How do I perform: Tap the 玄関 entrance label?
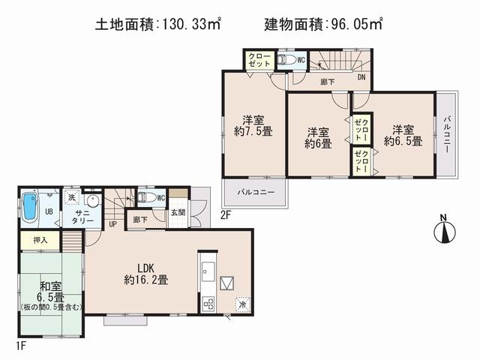click(177, 212)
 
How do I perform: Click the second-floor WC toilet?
click(283, 60)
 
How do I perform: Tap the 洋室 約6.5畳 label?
click(402, 133)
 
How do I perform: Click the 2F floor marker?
click(227, 214)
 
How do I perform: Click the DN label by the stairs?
click(361, 77)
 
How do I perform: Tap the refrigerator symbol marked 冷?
click(241, 304)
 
